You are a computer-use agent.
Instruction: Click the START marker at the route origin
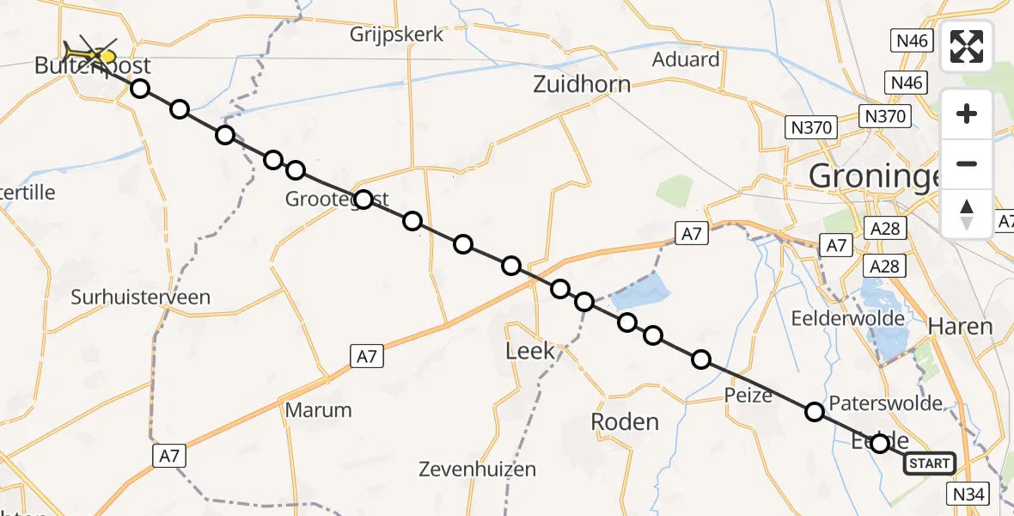[x=929, y=464]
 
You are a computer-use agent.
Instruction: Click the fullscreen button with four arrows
[x=967, y=46]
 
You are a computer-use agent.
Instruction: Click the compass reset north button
[x=967, y=213]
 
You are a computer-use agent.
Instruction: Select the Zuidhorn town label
[x=582, y=84]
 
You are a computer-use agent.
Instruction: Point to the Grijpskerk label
[x=397, y=35]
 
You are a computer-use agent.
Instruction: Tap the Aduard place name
[x=686, y=59]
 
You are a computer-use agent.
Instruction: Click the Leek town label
[x=530, y=350]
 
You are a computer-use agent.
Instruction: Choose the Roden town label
[x=625, y=421]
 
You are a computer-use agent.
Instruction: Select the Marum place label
[x=318, y=409]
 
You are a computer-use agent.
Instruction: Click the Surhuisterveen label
[x=141, y=298]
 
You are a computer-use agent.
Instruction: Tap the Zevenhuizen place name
[x=477, y=470]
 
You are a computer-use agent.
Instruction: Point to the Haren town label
[x=961, y=327]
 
